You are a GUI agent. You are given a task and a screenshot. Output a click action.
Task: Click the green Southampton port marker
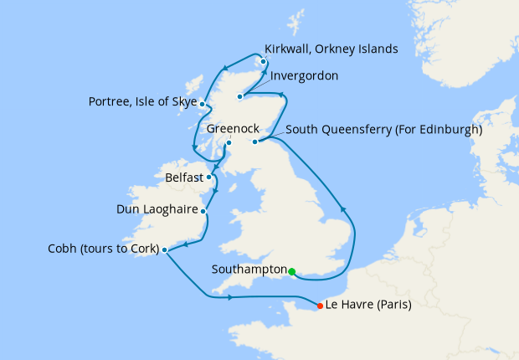291,271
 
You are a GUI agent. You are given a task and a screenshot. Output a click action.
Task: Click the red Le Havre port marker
320,306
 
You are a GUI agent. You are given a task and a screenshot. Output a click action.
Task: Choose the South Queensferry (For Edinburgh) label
383,131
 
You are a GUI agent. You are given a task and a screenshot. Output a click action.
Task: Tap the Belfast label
183,178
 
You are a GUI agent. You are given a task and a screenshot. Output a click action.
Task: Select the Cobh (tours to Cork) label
104,249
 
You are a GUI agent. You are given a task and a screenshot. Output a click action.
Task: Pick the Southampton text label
249,270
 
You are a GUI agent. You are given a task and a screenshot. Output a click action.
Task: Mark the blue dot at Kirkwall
264,61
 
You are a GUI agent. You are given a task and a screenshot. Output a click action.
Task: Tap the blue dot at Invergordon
239,96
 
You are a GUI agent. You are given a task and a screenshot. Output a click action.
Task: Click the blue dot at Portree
203,103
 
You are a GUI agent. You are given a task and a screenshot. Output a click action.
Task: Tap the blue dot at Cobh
164,249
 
